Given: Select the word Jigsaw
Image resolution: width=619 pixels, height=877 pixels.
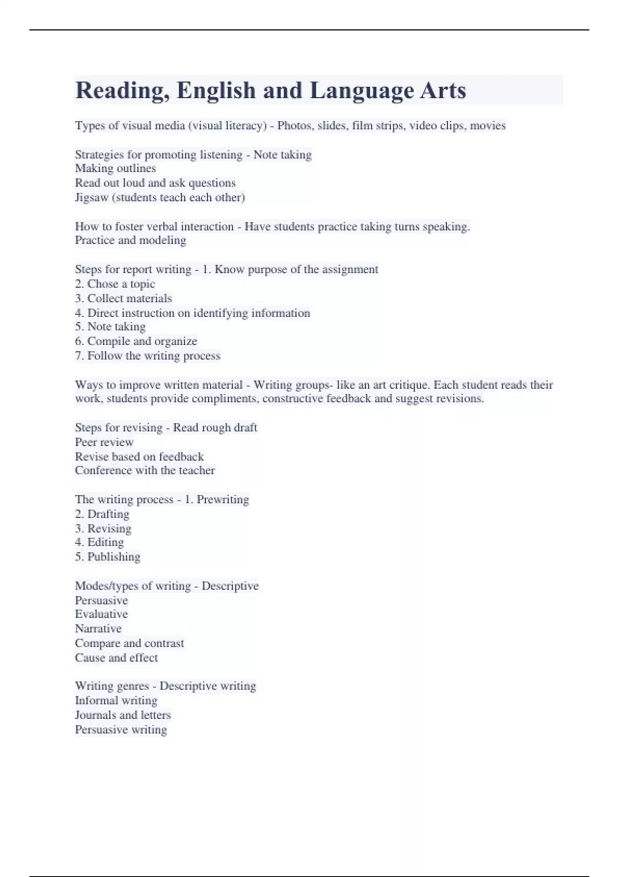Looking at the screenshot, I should pos(91,198).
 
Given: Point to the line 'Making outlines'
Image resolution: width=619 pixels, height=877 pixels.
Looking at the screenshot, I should pos(115,169).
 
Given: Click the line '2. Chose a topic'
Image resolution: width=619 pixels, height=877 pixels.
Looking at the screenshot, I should pos(115,284).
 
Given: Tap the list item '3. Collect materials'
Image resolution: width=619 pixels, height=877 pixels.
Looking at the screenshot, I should pos(123,298).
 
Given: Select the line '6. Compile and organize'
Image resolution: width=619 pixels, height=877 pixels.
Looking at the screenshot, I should pos(136,341).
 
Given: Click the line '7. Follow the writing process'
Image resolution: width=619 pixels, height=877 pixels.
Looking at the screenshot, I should pos(148,355).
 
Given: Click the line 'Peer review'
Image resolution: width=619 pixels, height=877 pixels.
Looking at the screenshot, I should pos(104,442).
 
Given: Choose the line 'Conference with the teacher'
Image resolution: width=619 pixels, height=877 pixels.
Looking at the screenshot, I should pos(144,470).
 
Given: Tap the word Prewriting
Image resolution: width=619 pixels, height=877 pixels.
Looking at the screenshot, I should pos(223,499).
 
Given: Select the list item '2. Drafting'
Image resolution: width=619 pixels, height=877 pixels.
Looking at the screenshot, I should pos(102,514).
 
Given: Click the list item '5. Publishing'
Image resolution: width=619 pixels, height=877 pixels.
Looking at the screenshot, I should pos(107,557).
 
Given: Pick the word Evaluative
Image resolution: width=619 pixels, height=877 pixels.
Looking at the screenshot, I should pos(101,614).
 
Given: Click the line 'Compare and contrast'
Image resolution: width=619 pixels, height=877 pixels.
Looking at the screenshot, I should pos(129,643).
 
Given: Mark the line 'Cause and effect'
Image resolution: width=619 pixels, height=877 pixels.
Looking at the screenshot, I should pos(116,658).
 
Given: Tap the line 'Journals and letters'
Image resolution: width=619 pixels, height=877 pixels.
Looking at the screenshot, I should pos(122,715).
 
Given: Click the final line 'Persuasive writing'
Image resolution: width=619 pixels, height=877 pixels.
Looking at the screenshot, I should pos(121,729).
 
